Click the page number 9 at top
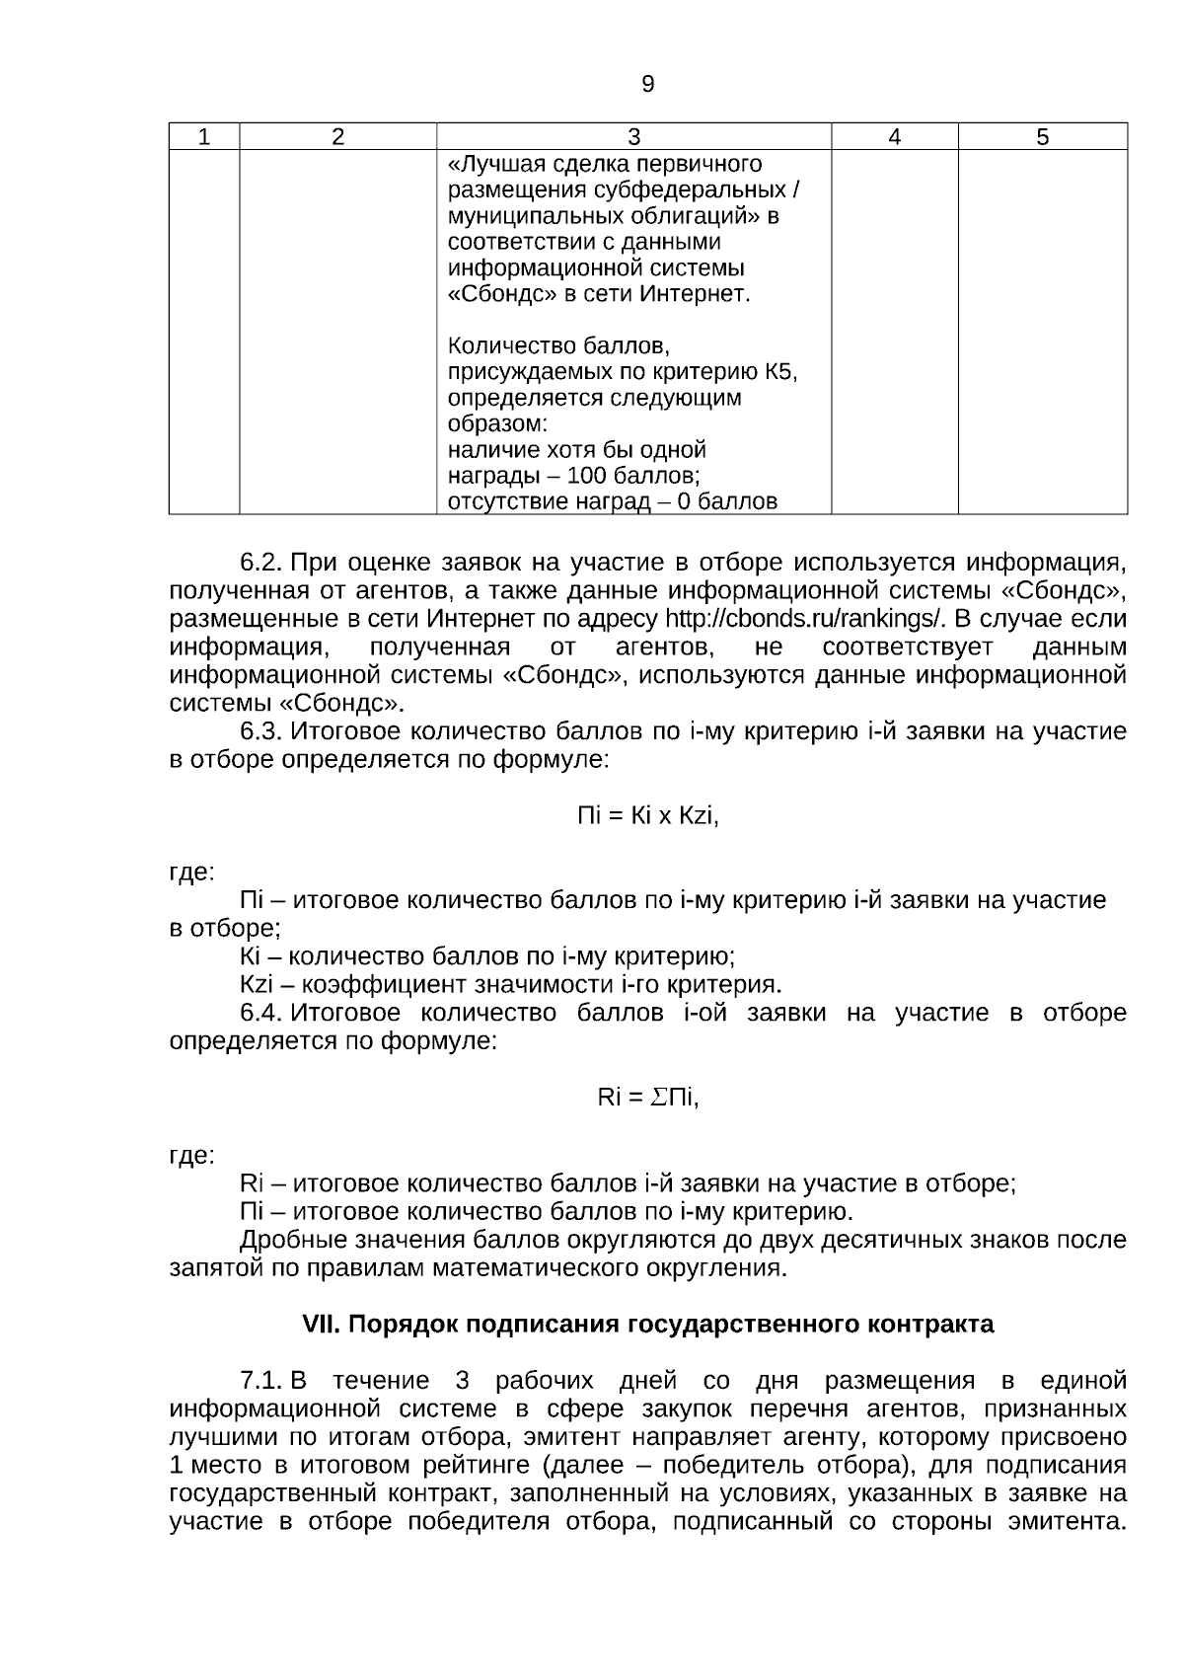(x=647, y=85)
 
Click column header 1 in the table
(x=204, y=137)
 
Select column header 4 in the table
(x=894, y=137)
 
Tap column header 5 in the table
(x=1043, y=137)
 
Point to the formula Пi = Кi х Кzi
(x=647, y=816)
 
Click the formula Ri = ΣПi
(x=647, y=1098)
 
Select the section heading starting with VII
(x=647, y=1325)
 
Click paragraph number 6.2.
(x=261, y=564)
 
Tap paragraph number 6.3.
(x=261, y=732)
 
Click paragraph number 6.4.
(x=261, y=1014)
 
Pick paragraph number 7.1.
(x=261, y=1381)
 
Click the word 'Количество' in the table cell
(x=505, y=346)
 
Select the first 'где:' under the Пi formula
(x=191, y=874)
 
